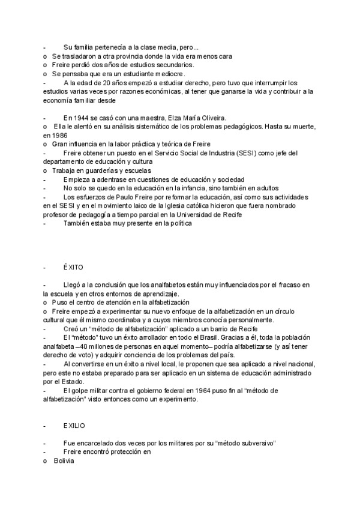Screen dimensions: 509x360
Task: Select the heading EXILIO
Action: click(73, 426)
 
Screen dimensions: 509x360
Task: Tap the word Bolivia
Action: click(63, 460)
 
